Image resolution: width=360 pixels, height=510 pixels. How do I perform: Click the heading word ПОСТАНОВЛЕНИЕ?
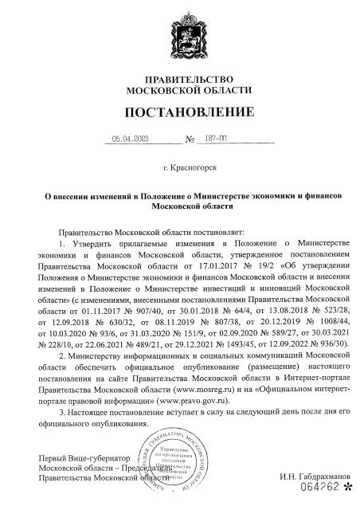[x=180, y=110]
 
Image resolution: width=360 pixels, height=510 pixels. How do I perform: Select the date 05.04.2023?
[x=131, y=138]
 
